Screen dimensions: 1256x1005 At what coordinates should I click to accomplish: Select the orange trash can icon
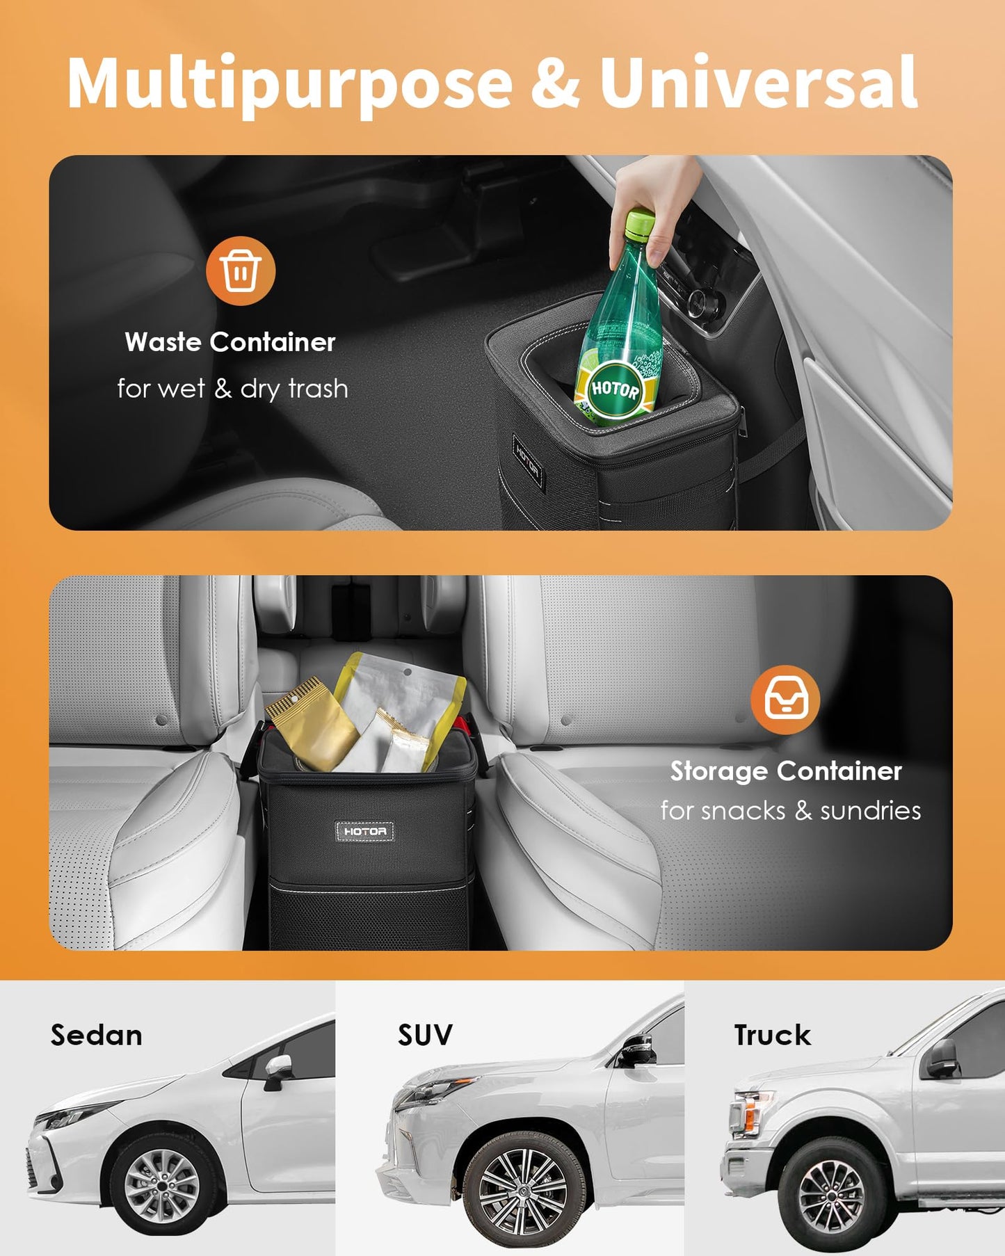pyautogui.click(x=241, y=271)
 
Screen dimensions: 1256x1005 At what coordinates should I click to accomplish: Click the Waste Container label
pyautogui.click(x=230, y=342)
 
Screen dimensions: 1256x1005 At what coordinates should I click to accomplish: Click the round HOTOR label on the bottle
pyautogui.click(x=615, y=389)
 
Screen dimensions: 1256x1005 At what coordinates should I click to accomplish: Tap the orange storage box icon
pyautogui.click(x=785, y=700)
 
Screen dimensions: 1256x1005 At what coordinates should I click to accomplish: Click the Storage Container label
pyautogui.click(x=786, y=771)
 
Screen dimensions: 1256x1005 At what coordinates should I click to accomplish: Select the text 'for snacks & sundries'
pyautogui.click(x=791, y=811)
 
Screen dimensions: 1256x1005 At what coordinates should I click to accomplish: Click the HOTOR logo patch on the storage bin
pyautogui.click(x=365, y=831)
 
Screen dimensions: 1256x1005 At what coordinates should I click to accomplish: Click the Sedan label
pyautogui.click(x=97, y=1036)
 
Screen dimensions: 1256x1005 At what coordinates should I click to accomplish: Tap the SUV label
pyautogui.click(x=425, y=1035)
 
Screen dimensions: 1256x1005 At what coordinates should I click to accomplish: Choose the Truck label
pyautogui.click(x=772, y=1035)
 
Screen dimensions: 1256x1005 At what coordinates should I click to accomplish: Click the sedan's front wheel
pyautogui.click(x=161, y=1184)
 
